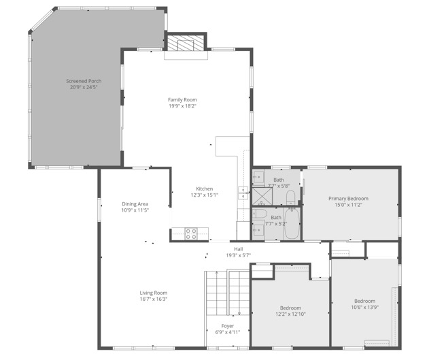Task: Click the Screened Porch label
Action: [x=84, y=81]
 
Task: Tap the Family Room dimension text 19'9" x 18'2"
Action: [x=182, y=106]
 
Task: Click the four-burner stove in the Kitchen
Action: [x=191, y=233]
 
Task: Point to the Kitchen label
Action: [x=205, y=189]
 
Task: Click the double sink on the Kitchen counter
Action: [x=243, y=193]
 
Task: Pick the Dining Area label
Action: [x=135, y=204]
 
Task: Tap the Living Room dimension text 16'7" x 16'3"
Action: [x=154, y=299]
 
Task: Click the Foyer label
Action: [x=228, y=326]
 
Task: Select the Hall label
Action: [x=239, y=249]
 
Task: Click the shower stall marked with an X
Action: [x=262, y=196]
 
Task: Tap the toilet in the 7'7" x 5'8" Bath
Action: [x=290, y=197]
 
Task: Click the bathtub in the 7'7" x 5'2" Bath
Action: [x=292, y=223]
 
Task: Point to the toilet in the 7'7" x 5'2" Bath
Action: [x=259, y=214]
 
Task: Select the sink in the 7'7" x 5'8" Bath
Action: [x=258, y=177]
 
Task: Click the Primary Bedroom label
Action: [x=348, y=199]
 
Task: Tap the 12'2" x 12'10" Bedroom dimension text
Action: [x=290, y=314]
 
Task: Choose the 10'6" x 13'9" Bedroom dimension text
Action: [x=364, y=307]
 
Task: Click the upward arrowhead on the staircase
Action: [x=217, y=273]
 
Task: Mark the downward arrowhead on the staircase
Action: [x=239, y=314]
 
